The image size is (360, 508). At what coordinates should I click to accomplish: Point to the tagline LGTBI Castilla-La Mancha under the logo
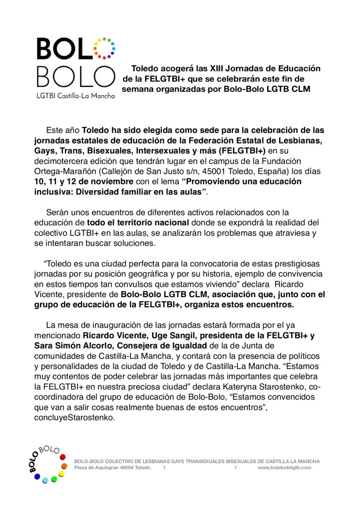point(75,94)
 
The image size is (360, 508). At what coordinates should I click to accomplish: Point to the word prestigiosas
point(292,262)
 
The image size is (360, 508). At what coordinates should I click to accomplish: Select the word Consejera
point(132,345)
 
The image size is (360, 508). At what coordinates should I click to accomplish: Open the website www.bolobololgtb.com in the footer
point(285,467)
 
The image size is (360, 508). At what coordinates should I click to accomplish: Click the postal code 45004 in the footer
point(127,467)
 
